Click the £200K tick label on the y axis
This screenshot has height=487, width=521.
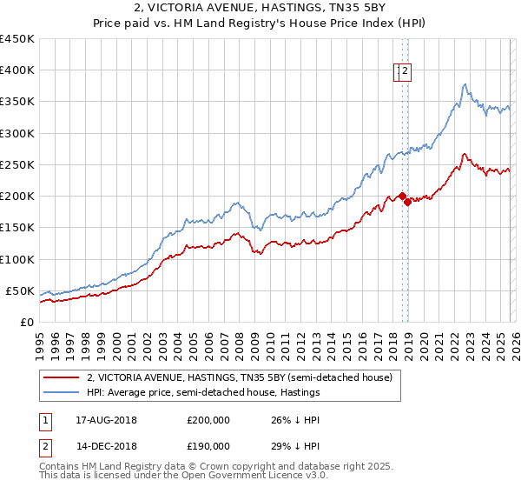16,197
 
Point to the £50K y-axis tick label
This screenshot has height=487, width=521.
19,290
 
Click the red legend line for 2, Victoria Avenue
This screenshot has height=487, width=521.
61,377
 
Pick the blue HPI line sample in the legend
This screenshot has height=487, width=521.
61,392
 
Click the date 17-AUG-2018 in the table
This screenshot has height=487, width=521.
107,419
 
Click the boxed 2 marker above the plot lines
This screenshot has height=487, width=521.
406,73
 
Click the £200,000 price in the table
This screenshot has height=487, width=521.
208,419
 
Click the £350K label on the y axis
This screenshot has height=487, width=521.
16,102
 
